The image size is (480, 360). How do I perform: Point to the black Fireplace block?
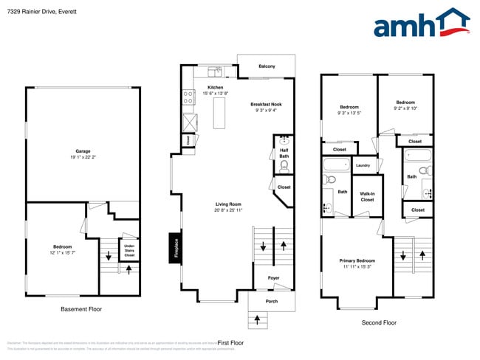(x=176, y=246)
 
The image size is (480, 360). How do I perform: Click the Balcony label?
(x=267, y=66)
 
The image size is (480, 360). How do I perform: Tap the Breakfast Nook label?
(x=266, y=104)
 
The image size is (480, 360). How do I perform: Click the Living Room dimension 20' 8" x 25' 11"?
(x=229, y=210)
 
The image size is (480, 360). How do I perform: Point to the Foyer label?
(x=273, y=278)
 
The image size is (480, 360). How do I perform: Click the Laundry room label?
(x=363, y=165)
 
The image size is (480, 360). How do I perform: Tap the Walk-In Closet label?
(x=367, y=196)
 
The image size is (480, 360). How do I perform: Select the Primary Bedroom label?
(x=357, y=260)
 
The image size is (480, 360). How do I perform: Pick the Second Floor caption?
(x=379, y=322)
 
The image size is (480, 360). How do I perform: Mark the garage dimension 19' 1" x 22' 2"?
(x=83, y=156)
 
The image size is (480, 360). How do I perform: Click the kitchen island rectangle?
(x=218, y=113)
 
